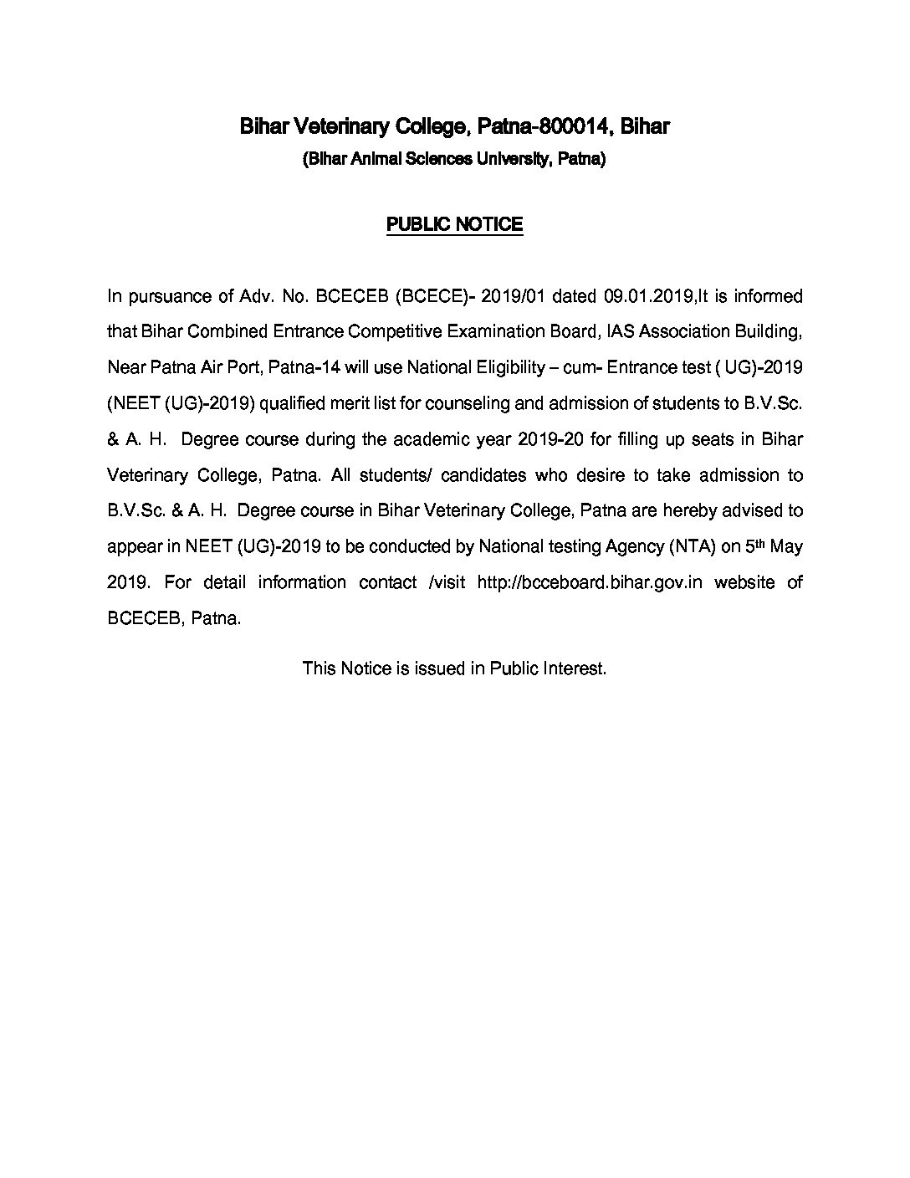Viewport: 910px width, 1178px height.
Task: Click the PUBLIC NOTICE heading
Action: point(454,224)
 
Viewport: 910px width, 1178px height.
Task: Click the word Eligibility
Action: point(493,367)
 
